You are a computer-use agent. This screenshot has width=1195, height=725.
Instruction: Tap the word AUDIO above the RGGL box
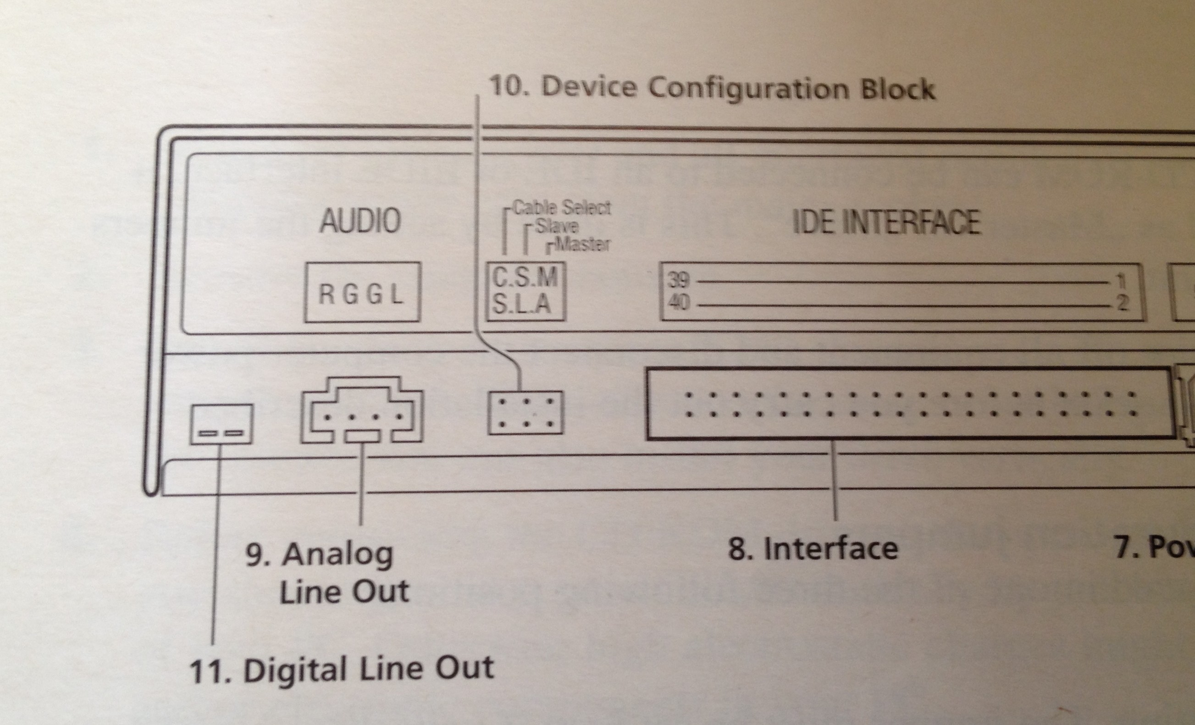pyautogui.click(x=360, y=221)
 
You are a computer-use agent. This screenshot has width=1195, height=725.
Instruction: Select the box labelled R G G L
pyautogui.click(x=362, y=293)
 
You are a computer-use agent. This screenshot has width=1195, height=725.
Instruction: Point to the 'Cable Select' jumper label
pyautogui.click(x=562, y=208)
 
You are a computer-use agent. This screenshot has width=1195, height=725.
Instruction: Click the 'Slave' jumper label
pyautogui.click(x=557, y=227)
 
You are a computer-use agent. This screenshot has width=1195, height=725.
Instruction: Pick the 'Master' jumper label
pyautogui.click(x=582, y=244)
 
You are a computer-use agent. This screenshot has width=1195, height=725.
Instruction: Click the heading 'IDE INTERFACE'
pyautogui.click(x=886, y=222)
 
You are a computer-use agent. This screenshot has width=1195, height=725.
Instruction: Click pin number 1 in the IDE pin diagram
pyautogui.click(x=1120, y=281)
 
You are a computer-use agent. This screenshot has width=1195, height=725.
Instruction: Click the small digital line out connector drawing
pyautogui.click(x=221, y=424)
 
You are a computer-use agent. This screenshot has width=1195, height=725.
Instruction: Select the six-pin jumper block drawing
pyautogui.click(x=525, y=413)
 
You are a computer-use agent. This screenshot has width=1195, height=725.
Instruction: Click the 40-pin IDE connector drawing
pyautogui.click(x=909, y=404)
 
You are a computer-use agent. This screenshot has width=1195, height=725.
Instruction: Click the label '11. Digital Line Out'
pyautogui.click(x=342, y=669)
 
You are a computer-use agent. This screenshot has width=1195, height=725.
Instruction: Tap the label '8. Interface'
pyautogui.click(x=813, y=548)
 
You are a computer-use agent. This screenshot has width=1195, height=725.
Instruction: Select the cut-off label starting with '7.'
pyautogui.click(x=1154, y=547)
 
